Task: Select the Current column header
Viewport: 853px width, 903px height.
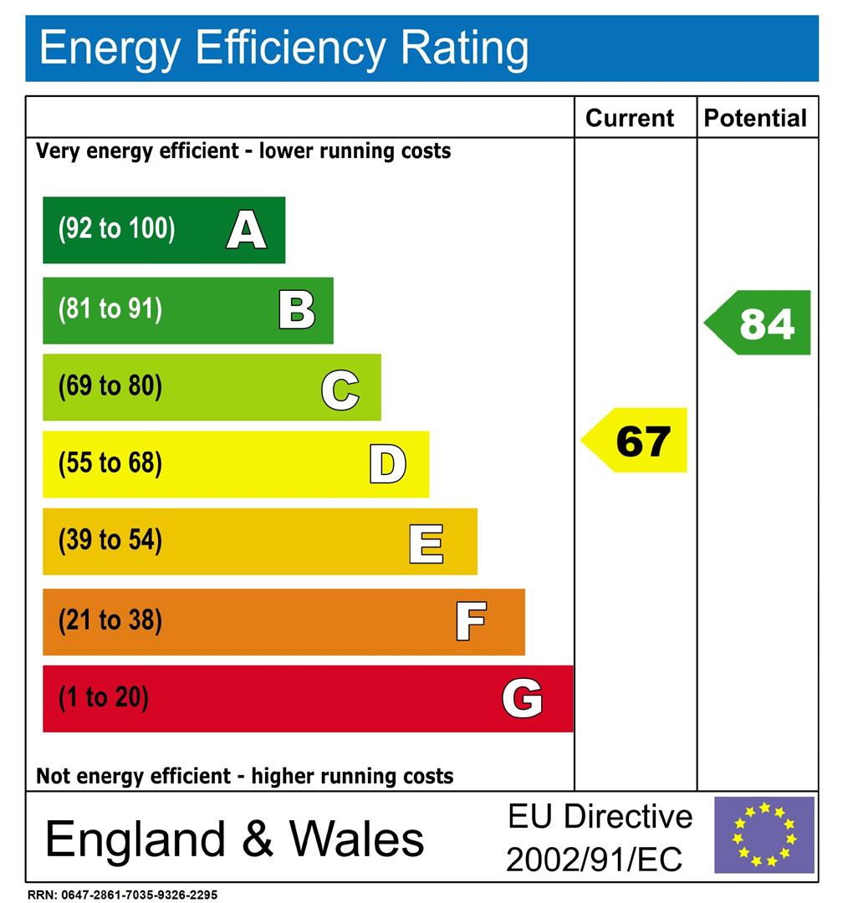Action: point(630,118)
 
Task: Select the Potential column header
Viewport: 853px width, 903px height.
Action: point(755,118)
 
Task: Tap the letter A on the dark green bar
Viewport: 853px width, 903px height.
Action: point(246,230)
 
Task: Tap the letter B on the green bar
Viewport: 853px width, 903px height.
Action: point(297,309)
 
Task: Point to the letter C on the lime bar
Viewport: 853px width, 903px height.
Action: point(340,390)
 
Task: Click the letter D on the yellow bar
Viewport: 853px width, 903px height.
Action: point(388,466)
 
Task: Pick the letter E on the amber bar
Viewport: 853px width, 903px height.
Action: point(426,543)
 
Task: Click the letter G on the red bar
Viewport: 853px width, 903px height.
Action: point(522,699)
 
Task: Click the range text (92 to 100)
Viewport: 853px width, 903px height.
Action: point(116,229)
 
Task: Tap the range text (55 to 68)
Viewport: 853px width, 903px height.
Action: point(110,463)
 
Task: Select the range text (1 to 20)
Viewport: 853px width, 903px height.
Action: point(103,697)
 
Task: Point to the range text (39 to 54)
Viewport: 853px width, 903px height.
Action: point(110,541)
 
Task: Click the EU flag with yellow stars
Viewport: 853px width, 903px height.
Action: point(764,834)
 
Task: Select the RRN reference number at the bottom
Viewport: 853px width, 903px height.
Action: point(122,895)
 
